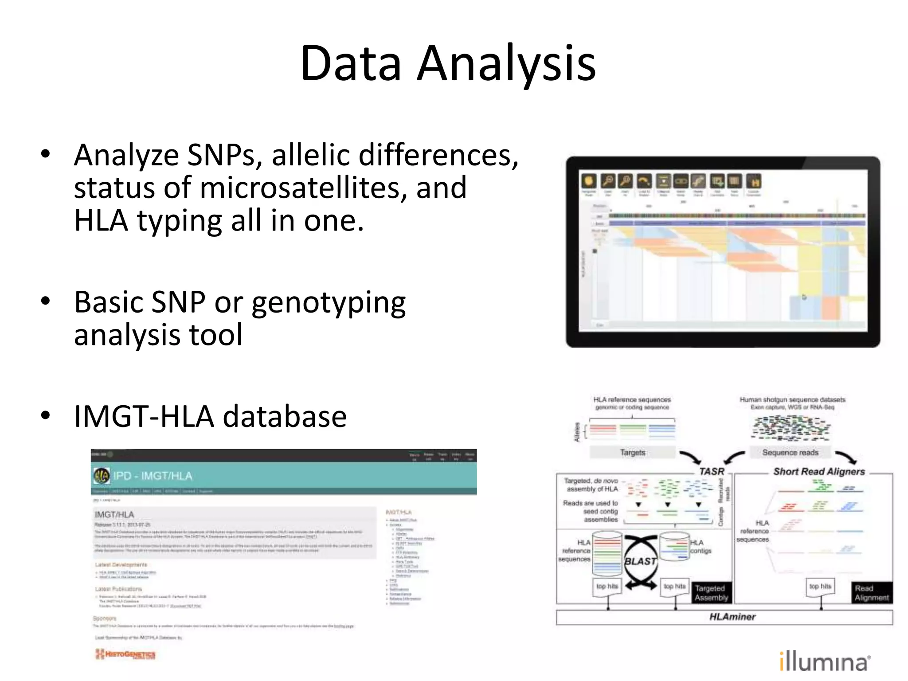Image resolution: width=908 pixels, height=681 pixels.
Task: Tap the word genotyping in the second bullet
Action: pos(329,303)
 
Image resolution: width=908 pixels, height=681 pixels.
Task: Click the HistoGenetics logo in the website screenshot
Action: pos(125,654)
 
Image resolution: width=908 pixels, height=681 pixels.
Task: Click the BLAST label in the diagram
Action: pos(640,561)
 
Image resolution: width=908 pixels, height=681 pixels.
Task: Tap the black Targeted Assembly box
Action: pos(711,593)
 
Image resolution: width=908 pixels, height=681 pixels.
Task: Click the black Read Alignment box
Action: pos(871,593)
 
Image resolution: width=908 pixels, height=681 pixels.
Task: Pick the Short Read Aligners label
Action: pos(819,472)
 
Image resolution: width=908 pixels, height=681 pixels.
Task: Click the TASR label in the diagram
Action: pos(711,472)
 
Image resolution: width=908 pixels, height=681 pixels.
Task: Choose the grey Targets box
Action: pos(632,452)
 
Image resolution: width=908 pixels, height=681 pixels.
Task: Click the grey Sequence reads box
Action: pos(790,452)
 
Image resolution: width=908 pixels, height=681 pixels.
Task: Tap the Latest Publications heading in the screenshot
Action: pos(118,589)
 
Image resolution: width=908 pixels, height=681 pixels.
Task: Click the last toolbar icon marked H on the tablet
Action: pos(753,181)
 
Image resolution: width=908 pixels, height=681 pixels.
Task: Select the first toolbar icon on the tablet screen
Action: pos(589,181)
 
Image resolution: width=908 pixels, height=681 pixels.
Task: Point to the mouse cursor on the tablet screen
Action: pos(804,297)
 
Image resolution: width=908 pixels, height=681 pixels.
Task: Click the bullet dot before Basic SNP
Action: pos(45,301)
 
